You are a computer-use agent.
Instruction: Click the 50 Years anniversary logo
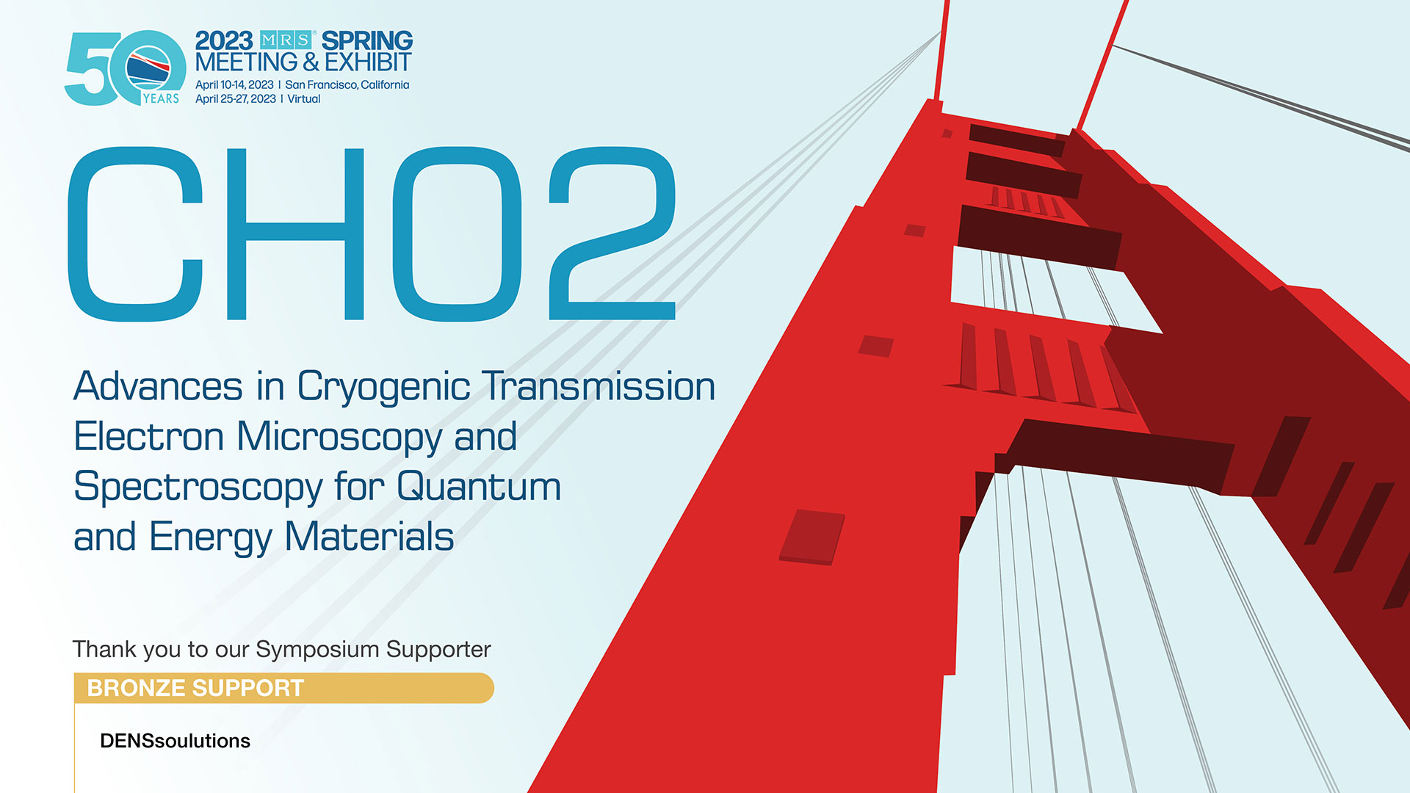click(x=125, y=68)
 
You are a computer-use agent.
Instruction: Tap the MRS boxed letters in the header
click(x=286, y=40)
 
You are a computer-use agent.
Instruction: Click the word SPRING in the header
click(x=367, y=40)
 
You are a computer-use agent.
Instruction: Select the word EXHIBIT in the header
click(x=368, y=62)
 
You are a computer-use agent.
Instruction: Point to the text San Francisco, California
click(x=347, y=85)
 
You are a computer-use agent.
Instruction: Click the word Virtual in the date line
click(x=304, y=99)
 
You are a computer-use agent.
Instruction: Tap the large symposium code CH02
click(x=372, y=234)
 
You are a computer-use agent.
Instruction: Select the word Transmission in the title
click(x=599, y=386)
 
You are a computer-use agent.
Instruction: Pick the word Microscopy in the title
click(x=339, y=438)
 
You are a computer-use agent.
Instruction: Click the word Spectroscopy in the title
click(x=198, y=488)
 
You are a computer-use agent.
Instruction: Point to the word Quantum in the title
click(x=480, y=487)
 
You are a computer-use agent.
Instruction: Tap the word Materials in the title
click(x=369, y=537)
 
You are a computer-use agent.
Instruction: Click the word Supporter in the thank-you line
click(x=438, y=650)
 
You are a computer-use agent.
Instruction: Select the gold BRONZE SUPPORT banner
click(x=283, y=688)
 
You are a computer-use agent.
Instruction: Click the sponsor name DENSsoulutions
click(x=175, y=741)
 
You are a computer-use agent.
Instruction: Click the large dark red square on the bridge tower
click(x=811, y=537)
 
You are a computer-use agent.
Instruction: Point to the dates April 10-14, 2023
click(x=234, y=85)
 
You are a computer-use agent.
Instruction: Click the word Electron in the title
click(x=149, y=437)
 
